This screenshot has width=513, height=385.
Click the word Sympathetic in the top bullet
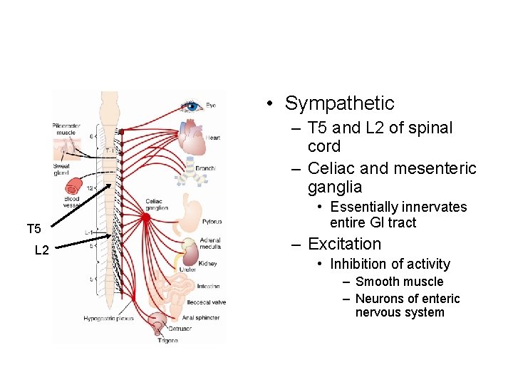coord(339,103)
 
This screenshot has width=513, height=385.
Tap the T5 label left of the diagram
coord(34,229)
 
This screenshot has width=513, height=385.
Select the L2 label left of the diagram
coord(42,250)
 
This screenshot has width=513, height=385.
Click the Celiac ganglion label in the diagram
coord(157,204)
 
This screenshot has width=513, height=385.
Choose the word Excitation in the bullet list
coord(344,244)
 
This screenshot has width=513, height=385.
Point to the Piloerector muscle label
coord(66,129)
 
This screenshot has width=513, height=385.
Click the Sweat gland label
coord(61,169)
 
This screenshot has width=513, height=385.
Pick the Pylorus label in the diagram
coord(212,222)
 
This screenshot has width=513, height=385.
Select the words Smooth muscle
coord(399,282)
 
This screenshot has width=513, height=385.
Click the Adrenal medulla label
coord(210,245)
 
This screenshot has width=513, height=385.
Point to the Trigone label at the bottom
coord(168,341)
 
